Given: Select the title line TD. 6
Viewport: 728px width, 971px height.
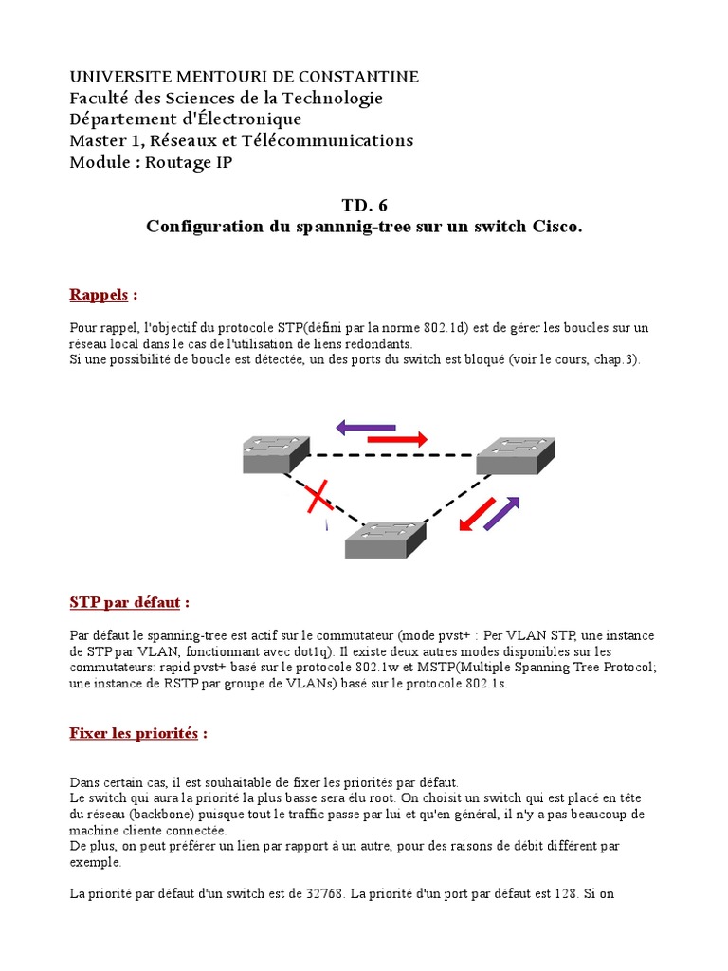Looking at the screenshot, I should [x=364, y=206].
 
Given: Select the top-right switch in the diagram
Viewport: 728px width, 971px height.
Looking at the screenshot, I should [x=515, y=455].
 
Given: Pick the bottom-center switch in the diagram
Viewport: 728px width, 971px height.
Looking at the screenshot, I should [x=383, y=540].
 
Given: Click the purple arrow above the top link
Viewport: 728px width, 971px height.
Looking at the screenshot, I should [x=366, y=428].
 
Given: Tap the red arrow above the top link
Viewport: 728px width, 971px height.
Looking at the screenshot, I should [x=396, y=439].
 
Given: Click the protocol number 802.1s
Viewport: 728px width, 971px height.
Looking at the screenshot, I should [x=487, y=684].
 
